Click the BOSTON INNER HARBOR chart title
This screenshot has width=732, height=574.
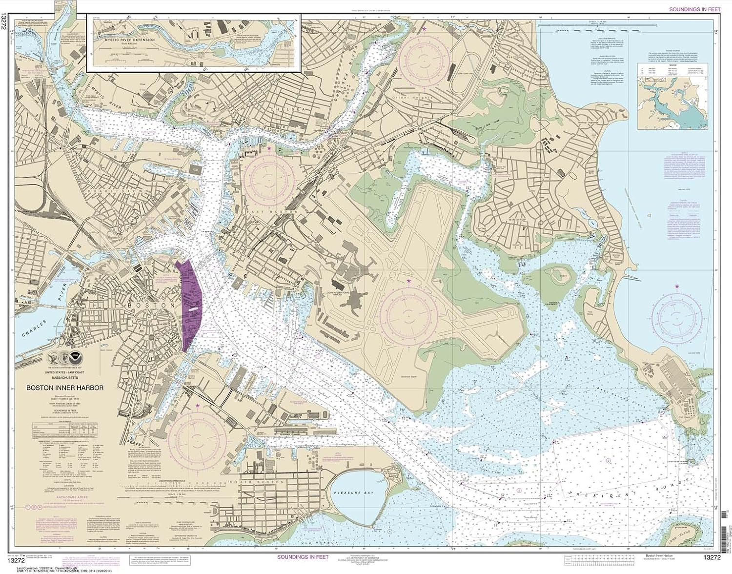click(x=65, y=389)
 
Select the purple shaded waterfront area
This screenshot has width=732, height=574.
click(x=191, y=305)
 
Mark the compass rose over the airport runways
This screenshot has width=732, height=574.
click(x=408, y=310)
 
